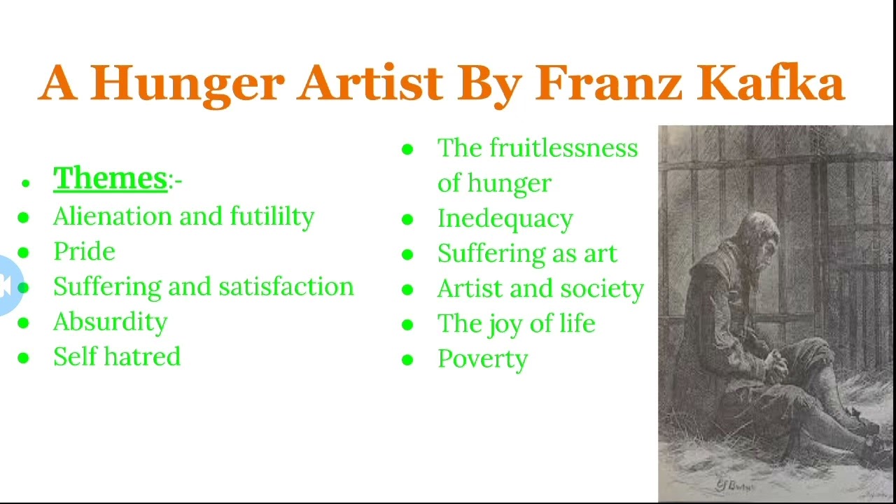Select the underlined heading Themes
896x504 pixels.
pyautogui.click(x=111, y=178)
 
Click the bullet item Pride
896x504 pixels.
pyautogui.click(x=84, y=252)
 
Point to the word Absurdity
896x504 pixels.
pyautogui.click(x=111, y=322)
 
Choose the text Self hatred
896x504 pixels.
pyautogui.click(x=117, y=357)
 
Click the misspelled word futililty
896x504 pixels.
pyautogui.click(x=272, y=217)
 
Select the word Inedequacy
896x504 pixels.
pyautogui.click(x=505, y=219)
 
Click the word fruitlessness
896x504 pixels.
pyautogui.click(x=563, y=148)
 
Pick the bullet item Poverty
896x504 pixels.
pyautogui.click(x=482, y=359)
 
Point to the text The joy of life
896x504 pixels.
pyautogui.click(x=516, y=323)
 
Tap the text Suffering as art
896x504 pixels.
pyautogui.click(x=527, y=253)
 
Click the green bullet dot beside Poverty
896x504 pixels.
pyautogui.click(x=407, y=360)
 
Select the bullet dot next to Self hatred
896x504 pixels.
pyautogui.click(x=24, y=358)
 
